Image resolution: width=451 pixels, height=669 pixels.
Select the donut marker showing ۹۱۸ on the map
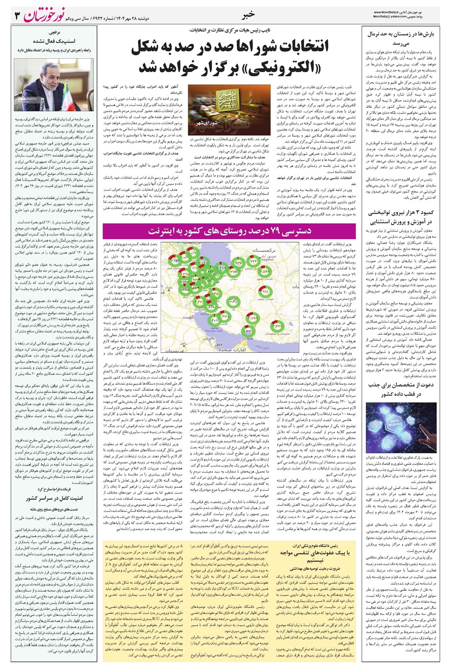coord(265,292)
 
